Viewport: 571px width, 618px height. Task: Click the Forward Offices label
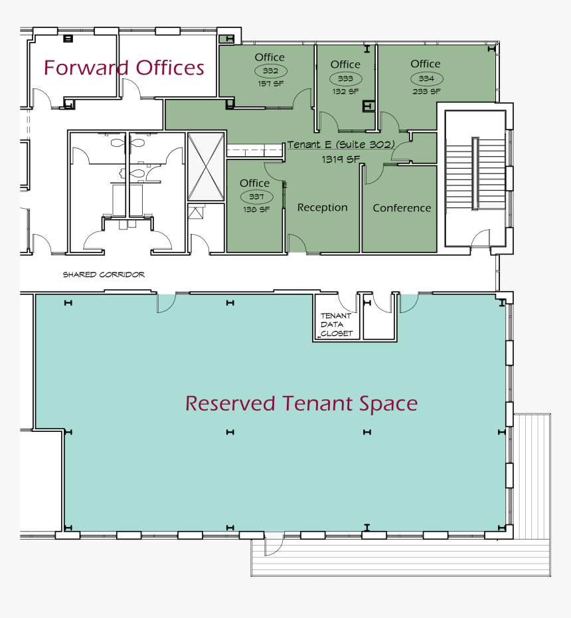[x=123, y=68]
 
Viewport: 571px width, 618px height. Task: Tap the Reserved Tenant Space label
[x=301, y=403]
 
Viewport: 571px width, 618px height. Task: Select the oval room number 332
[x=270, y=71]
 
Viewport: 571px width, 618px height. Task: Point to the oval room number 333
[x=345, y=78]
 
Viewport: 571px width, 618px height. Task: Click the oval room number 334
[x=426, y=78]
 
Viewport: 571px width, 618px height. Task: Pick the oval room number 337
[x=256, y=196]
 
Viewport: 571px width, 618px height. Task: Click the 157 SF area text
[x=270, y=84]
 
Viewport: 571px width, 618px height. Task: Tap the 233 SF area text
[x=426, y=92]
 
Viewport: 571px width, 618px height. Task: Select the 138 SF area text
[x=256, y=209]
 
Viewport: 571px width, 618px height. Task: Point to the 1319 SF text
[x=341, y=159]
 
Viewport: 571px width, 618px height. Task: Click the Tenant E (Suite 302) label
[x=341, y=145]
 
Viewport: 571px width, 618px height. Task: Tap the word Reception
[x=323, y=208]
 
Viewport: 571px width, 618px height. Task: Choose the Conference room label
[x=402, y=208]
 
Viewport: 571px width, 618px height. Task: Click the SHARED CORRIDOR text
[x=104, y=274]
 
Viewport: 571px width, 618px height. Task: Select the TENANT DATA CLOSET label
[x=337, y=324]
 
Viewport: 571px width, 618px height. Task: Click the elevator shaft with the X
[x=206, y=167]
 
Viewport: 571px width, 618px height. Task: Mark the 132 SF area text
[x=345, y=92]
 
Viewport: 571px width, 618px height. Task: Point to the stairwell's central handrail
[x=475, y=173]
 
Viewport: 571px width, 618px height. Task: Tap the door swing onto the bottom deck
[x=274, y=545]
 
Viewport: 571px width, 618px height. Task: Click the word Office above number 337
[x=255, y=183]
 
